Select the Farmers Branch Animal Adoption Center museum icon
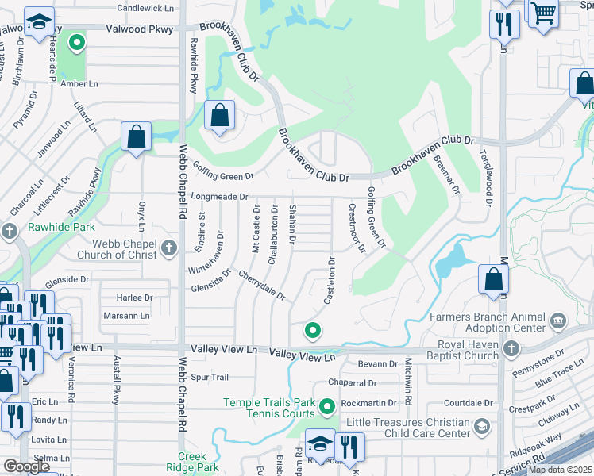(x=557, y=321)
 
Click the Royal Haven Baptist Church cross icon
(x=511, y=348)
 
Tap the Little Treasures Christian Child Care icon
(x=481, y=428)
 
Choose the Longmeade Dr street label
(x=220, y=196)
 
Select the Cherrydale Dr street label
(x=261, y=287)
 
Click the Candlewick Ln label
(x=145, y=8)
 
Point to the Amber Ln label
(x=79, y=83)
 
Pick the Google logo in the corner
(x=26, y=466)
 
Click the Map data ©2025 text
(x=560, y=470)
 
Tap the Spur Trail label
(x=210, y=377)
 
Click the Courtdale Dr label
(x=469, y=403)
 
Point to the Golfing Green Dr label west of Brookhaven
(x=224, y=171)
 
